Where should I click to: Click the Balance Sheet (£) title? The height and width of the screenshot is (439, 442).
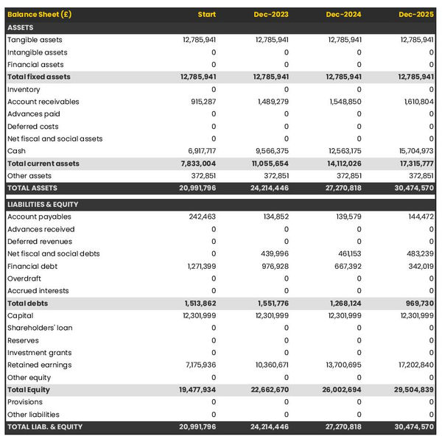[40, 15]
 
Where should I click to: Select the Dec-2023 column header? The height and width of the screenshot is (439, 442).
[271, 15]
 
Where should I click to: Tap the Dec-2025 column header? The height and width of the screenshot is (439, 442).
[417, 15]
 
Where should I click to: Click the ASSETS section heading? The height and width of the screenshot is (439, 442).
[21, 27]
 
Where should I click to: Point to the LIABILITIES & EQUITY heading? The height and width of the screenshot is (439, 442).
[43, 204]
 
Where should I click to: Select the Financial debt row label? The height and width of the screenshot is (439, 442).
[32, 266]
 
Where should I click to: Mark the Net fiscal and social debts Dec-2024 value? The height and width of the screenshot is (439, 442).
[346, 253]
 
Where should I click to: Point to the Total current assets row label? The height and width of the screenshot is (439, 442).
[43, 164]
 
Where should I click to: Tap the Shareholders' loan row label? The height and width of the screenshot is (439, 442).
[39, 328]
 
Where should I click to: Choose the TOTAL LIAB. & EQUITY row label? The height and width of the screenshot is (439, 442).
[45, 426]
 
